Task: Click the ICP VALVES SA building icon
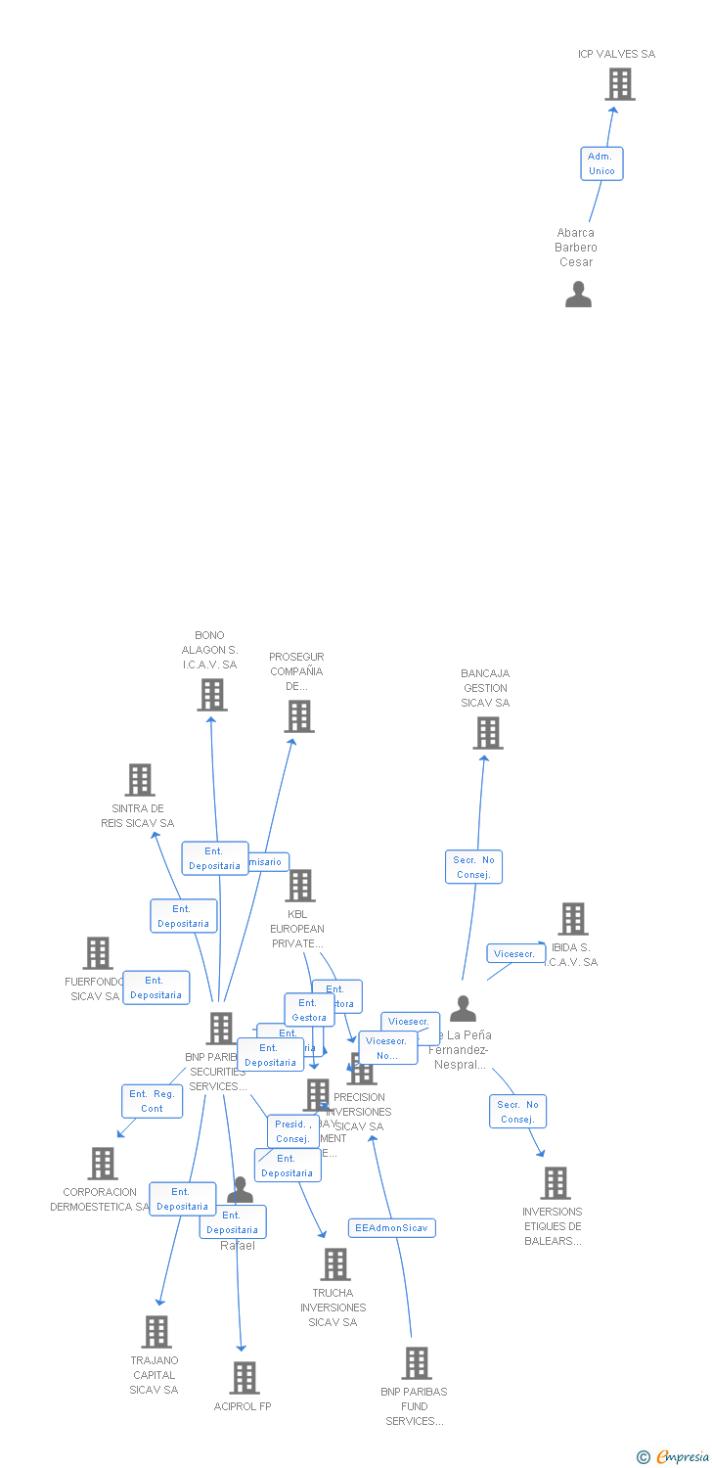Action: point(619,85)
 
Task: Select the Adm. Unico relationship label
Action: point(601,163)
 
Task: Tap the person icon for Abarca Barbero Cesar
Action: point(578,295)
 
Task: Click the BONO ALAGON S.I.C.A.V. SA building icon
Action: point(211,695)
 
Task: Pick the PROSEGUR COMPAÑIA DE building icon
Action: point(298,716)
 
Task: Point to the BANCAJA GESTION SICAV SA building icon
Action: point(486,733)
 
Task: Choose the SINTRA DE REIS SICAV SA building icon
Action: point(140,780)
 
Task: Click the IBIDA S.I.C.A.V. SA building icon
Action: point(572,919)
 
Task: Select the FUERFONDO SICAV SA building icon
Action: point(97,953)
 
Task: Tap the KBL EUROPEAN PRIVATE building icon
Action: point(299,886)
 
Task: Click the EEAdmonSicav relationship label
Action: point(391,1227)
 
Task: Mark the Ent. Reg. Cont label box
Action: point(152,1101)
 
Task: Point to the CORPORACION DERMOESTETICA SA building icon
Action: point(102,1164)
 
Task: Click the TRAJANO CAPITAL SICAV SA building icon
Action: point(156,1332)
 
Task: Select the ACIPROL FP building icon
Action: point(244,1378)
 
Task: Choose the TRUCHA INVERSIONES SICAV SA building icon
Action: point(334,1264)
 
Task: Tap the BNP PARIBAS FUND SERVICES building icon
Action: point(416,1363)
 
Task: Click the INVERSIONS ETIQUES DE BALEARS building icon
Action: point(555,1183)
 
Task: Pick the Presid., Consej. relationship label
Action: point(292,1131)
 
